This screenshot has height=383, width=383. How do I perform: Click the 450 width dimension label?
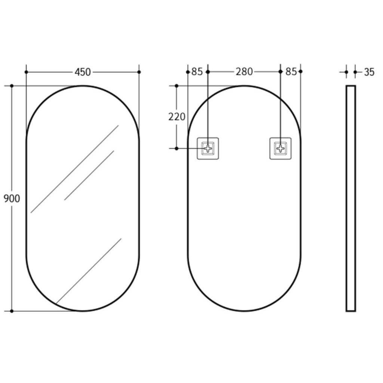tap(83, 72)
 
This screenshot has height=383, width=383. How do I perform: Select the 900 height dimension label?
tap(12, 199)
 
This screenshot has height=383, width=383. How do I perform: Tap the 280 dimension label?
tap(244, 72)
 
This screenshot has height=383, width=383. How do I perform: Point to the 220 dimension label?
tap(177, 117)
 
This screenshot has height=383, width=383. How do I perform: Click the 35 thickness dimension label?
tap(369, 72)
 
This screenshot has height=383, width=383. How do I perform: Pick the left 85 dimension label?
tap(197, 72)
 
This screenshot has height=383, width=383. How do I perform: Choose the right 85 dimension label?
tap(291, 72)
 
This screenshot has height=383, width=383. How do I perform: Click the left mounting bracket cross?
tap(208, 148)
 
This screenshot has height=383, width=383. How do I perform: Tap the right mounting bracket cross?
tap(281, 148)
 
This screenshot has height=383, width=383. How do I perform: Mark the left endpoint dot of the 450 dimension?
tap(27, 72)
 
